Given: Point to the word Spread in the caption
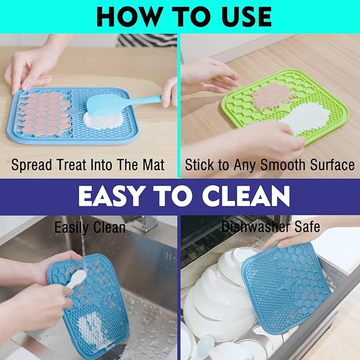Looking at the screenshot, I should (31, 165).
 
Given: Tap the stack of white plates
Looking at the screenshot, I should (217, 297).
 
